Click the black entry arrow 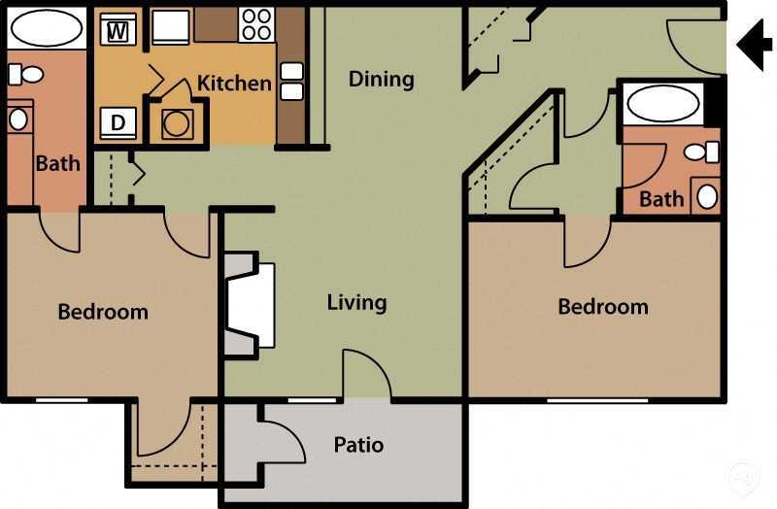(x=754, y=44)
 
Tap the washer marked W (x=118, y=30)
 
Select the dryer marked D (x=118, y=123)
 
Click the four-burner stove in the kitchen (x=255, y=24)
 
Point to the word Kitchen (x=234, y=83)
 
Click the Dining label (x=381, y=79)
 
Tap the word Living (x=356, y=302)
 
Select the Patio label (x=358, y=445)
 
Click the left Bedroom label (x=103, y=312)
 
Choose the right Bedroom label (x=602, y=307)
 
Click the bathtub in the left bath (x=47, y=30)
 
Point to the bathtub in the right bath (x=661, y=103)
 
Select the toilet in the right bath (x=700, y=152)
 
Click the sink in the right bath (x=707, y=196)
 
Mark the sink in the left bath (x=18, y=119)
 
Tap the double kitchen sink (x=291, y=82)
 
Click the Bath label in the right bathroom (x=661, y=199)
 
